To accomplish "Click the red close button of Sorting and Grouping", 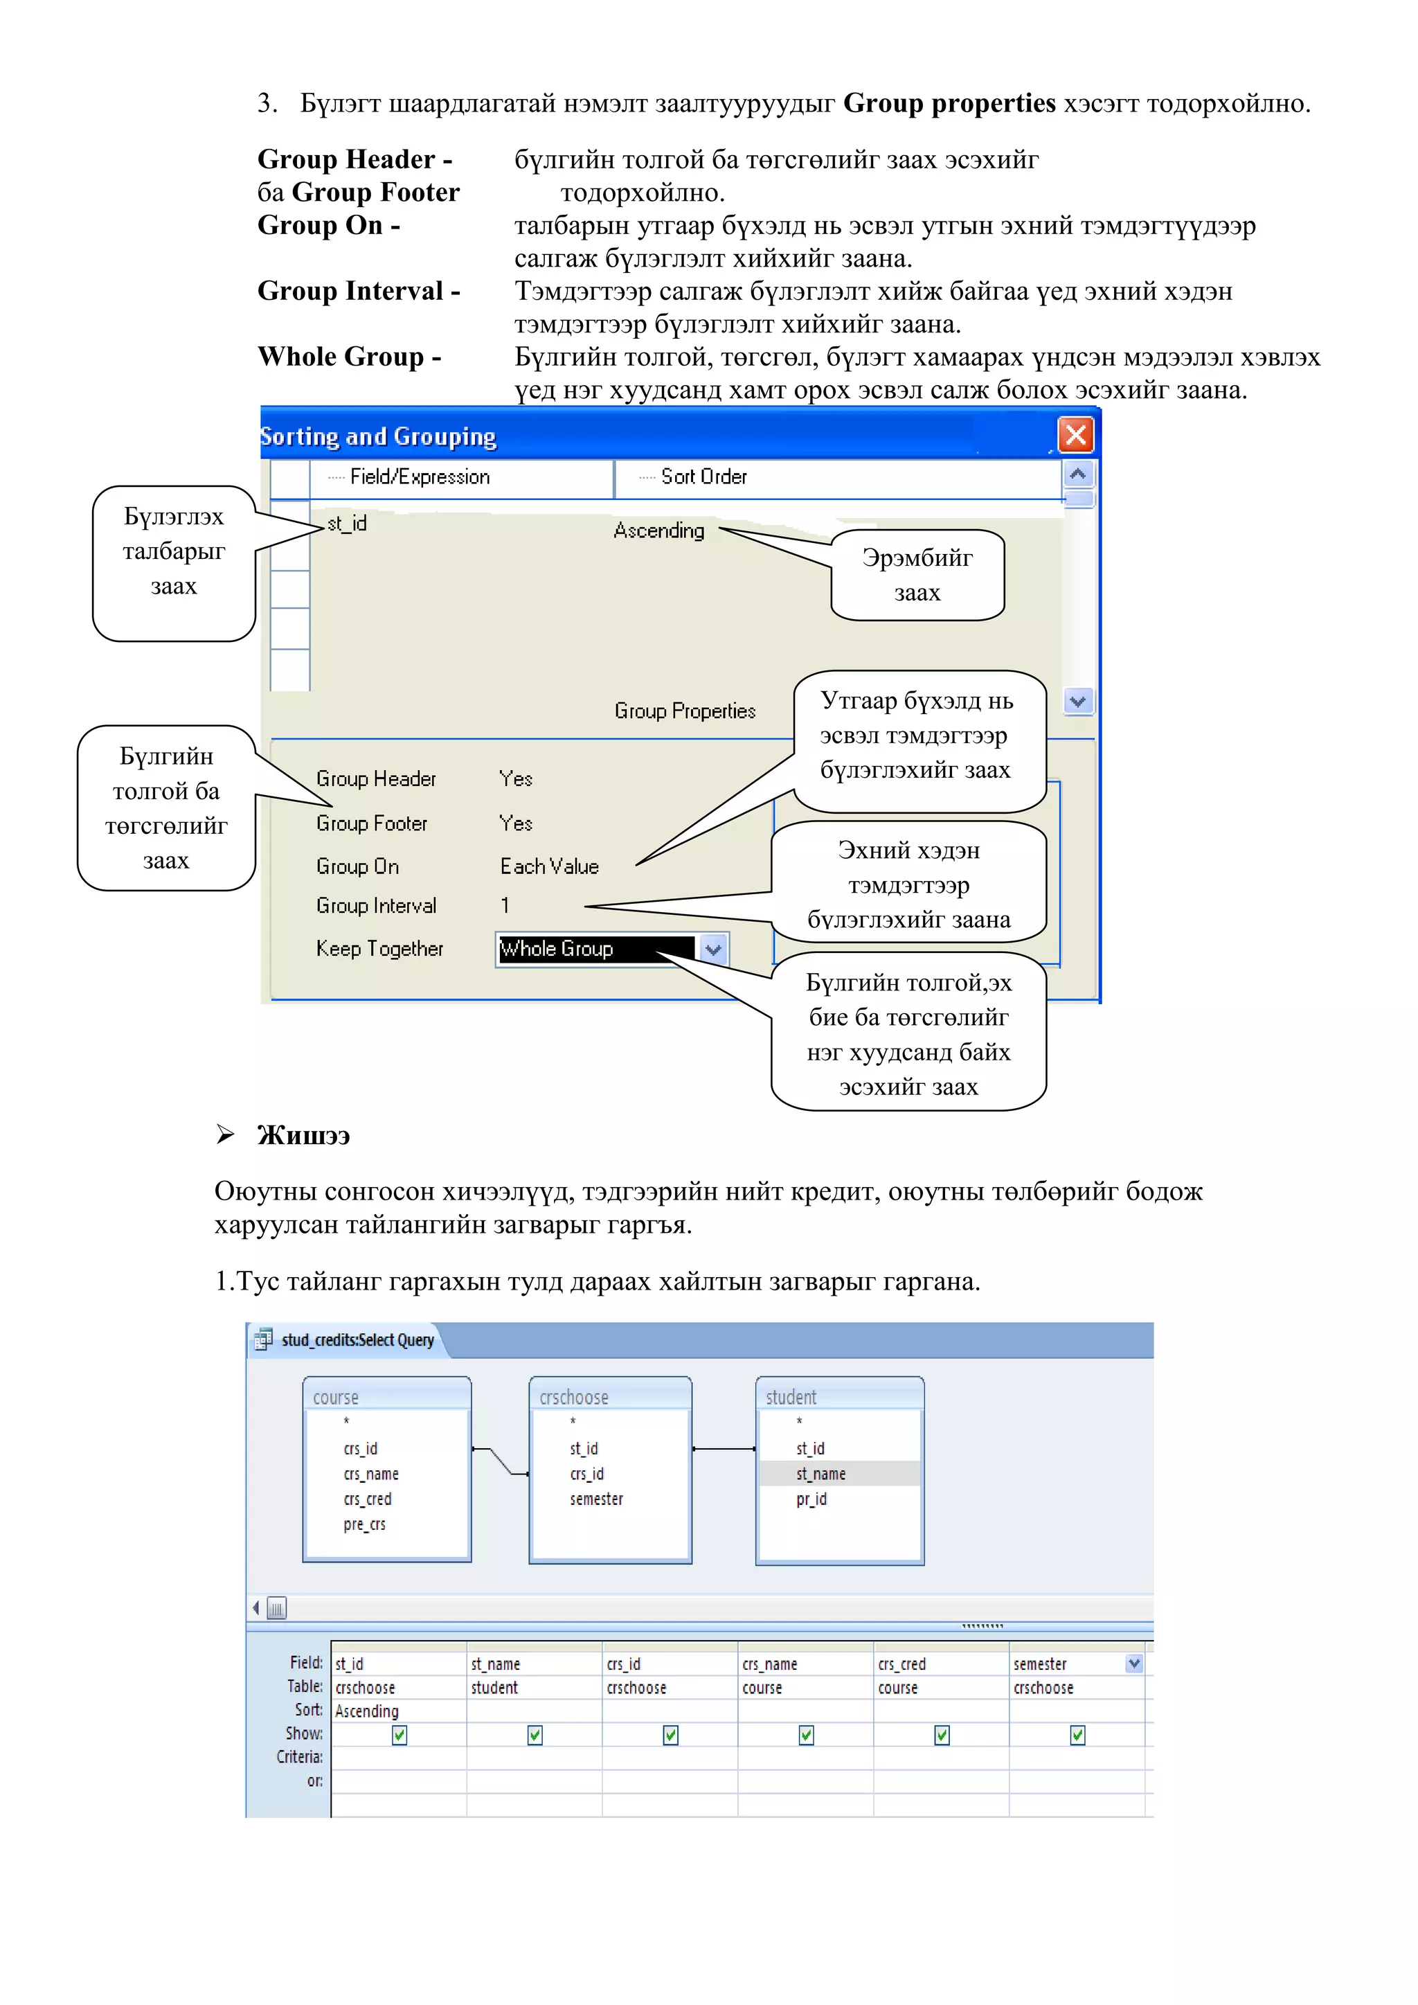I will coord(1076,435).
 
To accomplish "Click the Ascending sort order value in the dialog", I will coord(658,530).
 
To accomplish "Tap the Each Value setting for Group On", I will coord(549,866).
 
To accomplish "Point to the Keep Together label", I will coord(380,948).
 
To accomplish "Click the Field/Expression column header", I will coord(419,476).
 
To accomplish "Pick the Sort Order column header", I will coord(703,476).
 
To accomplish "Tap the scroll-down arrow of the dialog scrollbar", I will coord(1078,701).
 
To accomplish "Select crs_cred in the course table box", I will coord(368,1499).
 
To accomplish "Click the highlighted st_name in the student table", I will coord(820,1474).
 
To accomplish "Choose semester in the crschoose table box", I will coord(596,1499).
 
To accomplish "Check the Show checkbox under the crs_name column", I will coord(806,1735).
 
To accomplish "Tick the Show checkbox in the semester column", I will coord(1077,1735).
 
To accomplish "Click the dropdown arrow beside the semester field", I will coord(1134,1664).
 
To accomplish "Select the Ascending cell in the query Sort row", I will coord(368,1711).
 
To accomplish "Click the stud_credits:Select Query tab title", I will coord(357,1340).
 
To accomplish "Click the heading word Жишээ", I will coord(303,1136).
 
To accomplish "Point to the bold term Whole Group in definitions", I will coord(349,357).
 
